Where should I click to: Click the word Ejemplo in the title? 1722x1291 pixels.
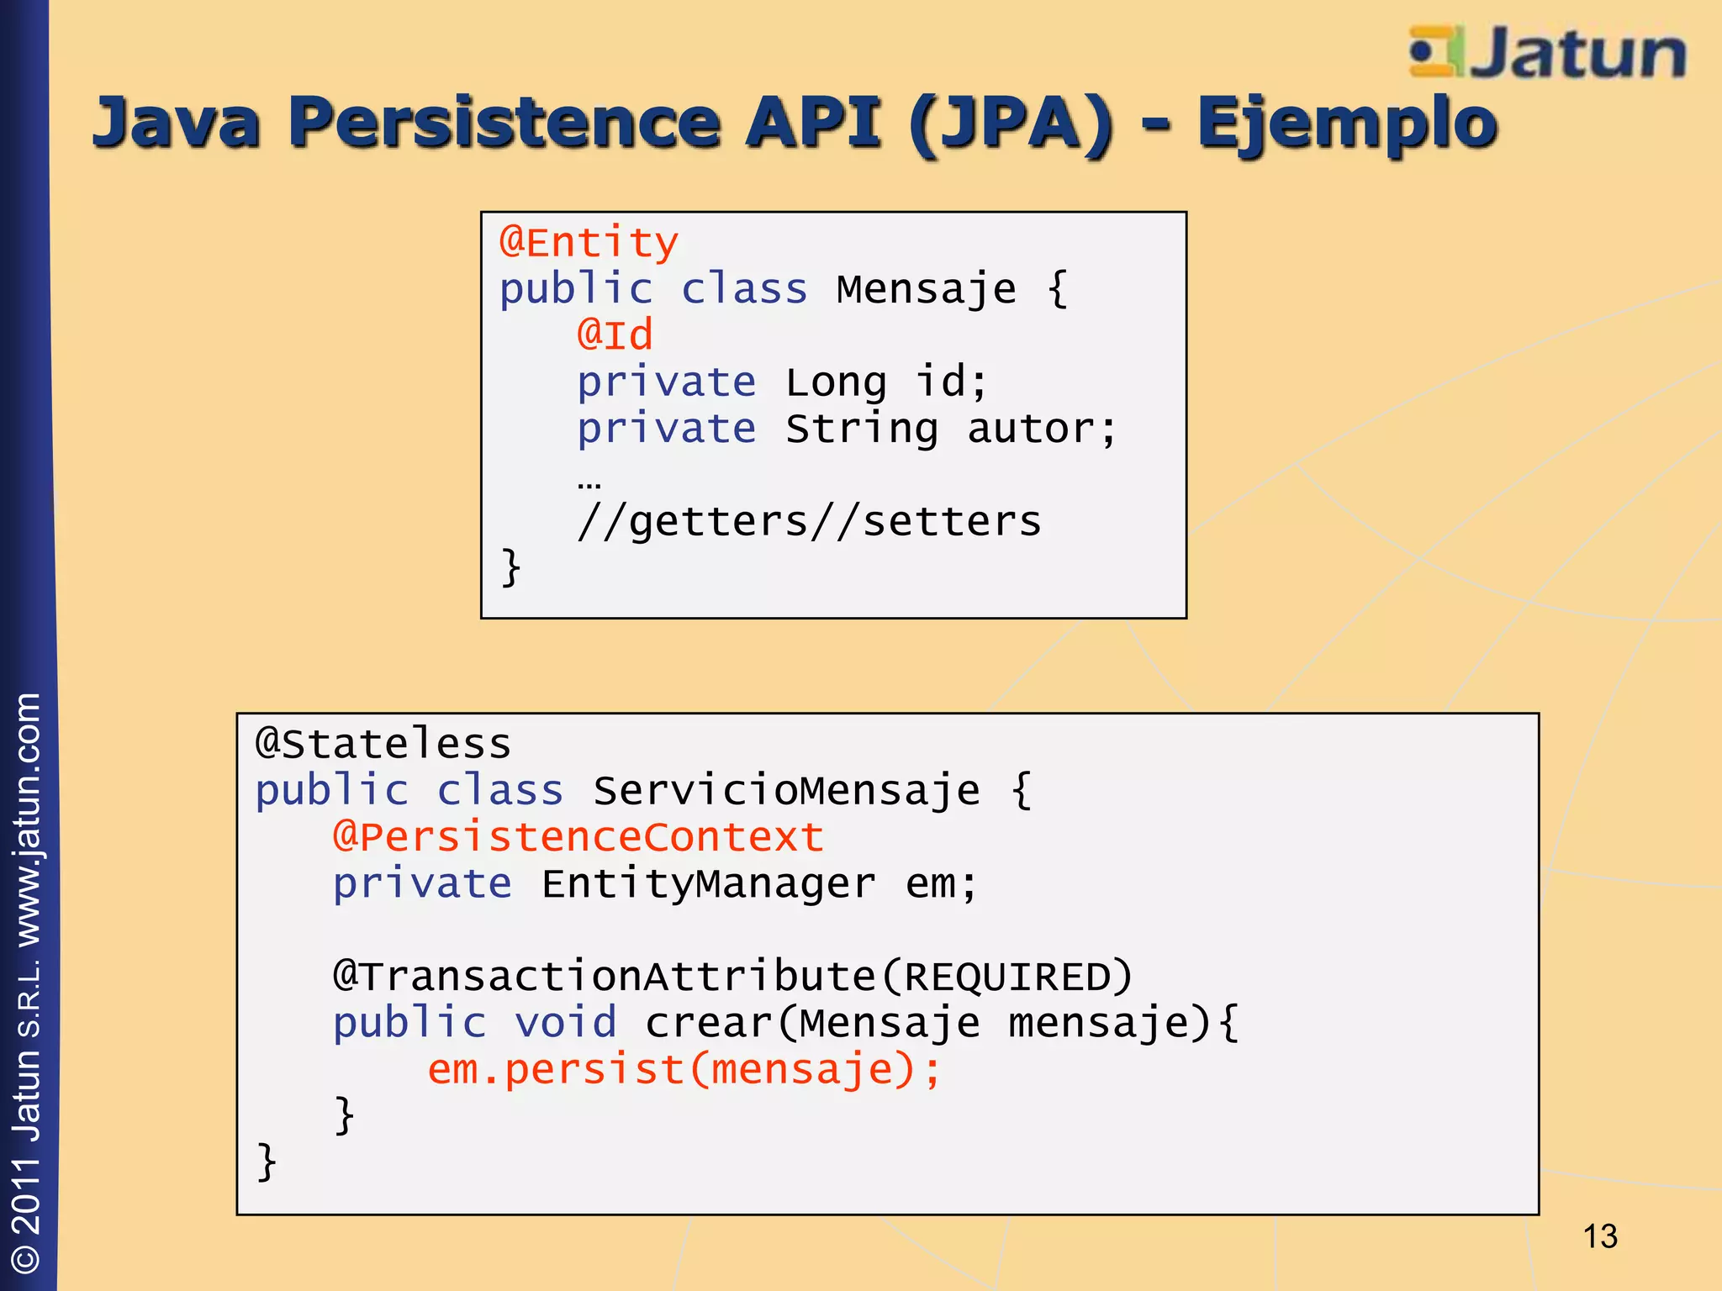tap(1346, 124)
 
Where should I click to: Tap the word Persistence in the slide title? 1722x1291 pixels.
tap(504, 122)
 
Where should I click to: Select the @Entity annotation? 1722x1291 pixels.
tap(589, 243)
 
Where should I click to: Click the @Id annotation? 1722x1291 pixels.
tap(615, 335)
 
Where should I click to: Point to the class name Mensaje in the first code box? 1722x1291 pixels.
tap(926, 289)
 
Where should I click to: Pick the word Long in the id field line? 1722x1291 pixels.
tap(836, 382)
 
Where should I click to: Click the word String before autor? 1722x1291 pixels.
tap(862, 429)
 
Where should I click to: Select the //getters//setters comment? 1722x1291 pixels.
tap(809, 522)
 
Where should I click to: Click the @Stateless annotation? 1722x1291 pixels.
tap(383, 744)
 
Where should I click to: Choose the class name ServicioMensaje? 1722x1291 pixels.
tap(786, 791)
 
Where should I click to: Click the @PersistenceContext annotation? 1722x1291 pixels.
tap(578, 837)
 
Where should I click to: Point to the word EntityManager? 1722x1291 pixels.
tap(708, 884)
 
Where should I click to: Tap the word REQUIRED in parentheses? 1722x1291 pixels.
tap(1006, 977)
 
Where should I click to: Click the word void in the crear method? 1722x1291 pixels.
tap(565, 1023)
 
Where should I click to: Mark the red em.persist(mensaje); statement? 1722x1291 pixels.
tap(684, 1070)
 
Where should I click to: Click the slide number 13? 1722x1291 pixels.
tap(1599, 1236)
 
